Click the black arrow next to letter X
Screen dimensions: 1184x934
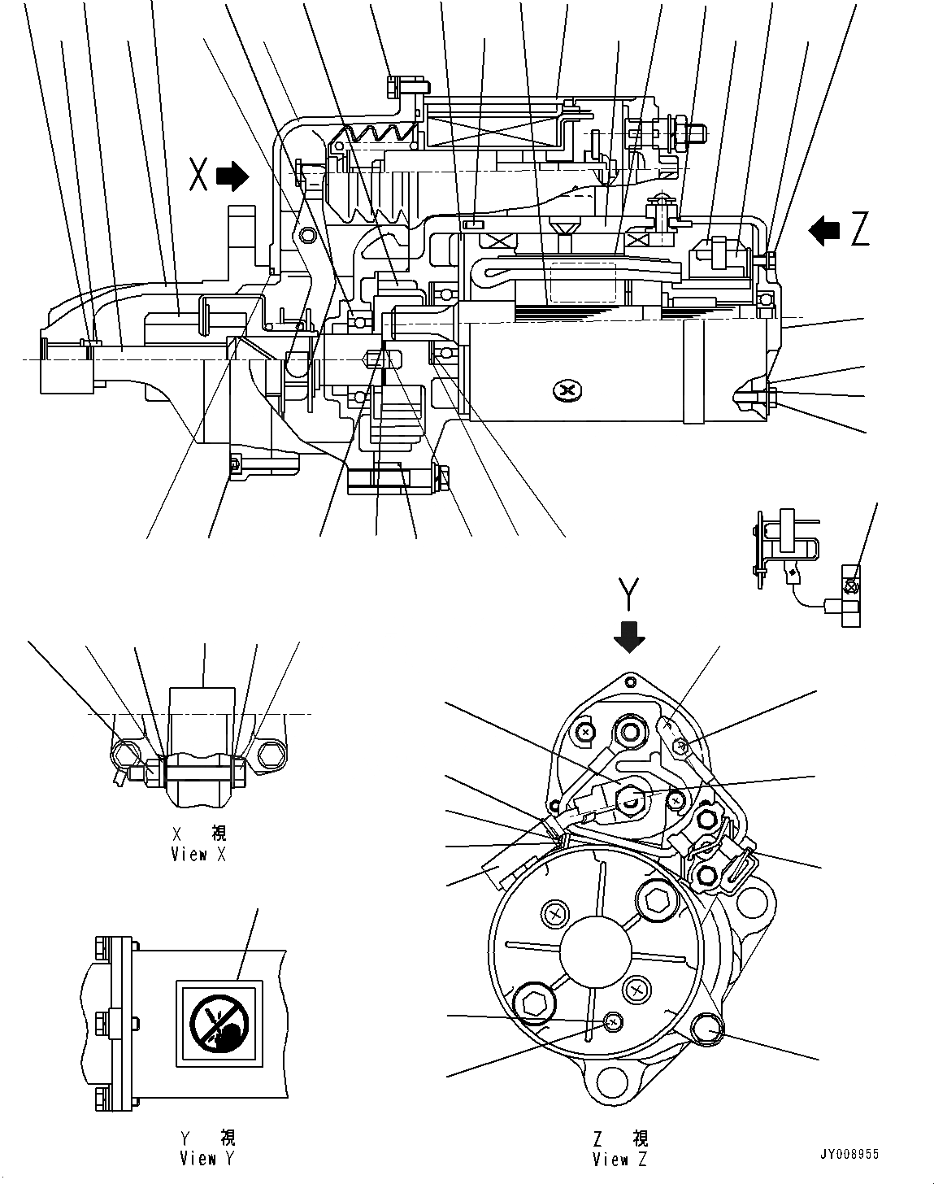click(234, 176)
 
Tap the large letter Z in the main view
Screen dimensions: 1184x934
click(860, 231)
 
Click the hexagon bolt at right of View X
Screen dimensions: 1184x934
click(271, 755)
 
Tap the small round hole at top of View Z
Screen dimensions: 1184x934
click(632, 678)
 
